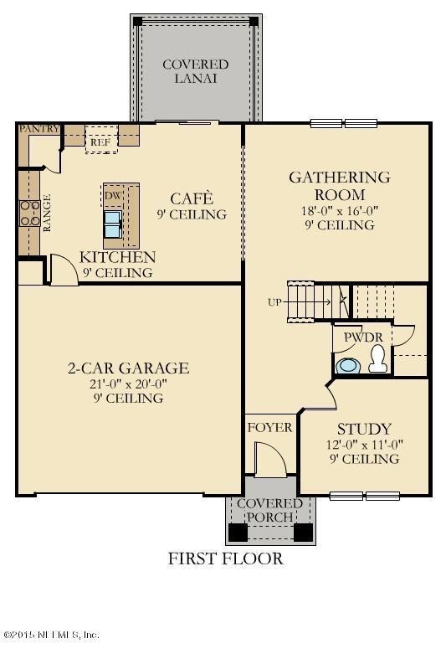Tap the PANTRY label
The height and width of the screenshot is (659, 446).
tap(38, 129)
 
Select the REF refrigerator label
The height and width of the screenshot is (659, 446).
tap(100, 142)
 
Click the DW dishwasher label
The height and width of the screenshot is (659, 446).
tap(112, 196)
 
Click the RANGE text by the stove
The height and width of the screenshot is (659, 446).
tap(48, 213)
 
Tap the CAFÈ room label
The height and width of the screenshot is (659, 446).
tap(192, 198)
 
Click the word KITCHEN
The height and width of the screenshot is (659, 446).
tap(117, 257)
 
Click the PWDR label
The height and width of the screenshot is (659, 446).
tap(361, 337)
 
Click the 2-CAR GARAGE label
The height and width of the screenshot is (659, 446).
tap(128, 368)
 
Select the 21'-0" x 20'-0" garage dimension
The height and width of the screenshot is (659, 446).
tap(128, 384)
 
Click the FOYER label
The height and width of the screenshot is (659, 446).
tap(269, 428)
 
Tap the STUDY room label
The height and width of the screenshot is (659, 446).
tap(364, 430)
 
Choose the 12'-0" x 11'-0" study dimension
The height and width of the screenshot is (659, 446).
tap(364, 445)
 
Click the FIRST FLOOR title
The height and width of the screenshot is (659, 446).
tap(225, 558)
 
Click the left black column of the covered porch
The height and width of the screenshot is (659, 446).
tap(238, 531)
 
